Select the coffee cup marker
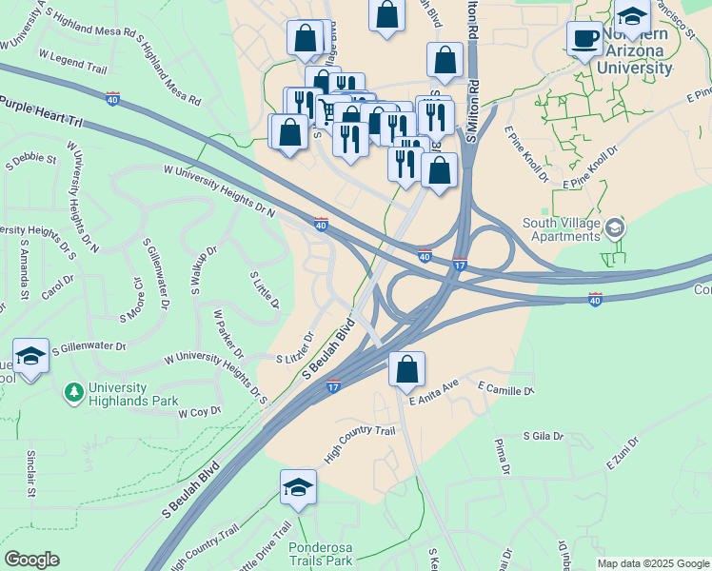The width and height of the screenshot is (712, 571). pyautogui.click(x=584, y=39)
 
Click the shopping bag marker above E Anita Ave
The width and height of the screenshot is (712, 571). pyautogui.click(x=406, y=370)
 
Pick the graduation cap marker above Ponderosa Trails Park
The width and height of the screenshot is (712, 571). pyautogui.click(x=298, y=488)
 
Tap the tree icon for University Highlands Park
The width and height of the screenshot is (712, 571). pyautogui.click(x=73, y=392)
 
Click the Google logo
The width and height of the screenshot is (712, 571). pyautogui.click(x=32, y=560)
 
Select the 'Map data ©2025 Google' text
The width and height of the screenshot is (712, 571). pyautogui.click(x=653, y=563)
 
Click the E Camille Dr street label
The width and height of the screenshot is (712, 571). pyautogui.click(x=505, y=390)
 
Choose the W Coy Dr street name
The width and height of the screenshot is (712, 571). pyautogui.click(x=199, y=412)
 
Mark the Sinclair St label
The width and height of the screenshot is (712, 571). pyautogui.click(x=31, y=473)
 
